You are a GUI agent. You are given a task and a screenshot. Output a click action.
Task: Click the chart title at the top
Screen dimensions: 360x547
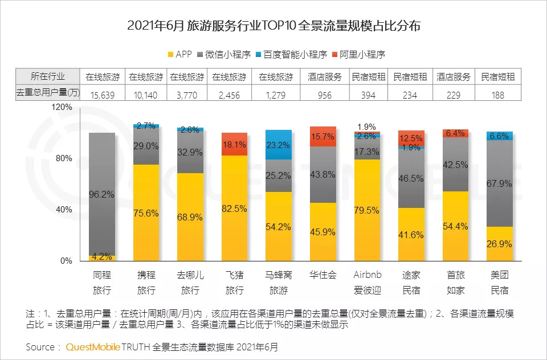click(273, 26)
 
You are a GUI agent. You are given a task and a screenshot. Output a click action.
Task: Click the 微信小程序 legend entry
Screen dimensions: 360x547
click(225, 55)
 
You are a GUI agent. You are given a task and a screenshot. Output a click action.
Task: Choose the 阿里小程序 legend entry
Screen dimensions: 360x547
click(357, 55)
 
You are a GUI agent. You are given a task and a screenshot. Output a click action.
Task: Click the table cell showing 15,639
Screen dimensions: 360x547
click(103, 95)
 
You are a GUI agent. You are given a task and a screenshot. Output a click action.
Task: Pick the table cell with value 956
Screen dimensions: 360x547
click(324, 95)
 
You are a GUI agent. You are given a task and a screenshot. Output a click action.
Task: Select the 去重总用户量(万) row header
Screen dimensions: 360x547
click(48, 94)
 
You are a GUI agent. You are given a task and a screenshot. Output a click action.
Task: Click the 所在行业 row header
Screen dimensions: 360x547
click(48, 77)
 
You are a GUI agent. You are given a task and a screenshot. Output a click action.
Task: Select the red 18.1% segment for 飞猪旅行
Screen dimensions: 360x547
click(234, 144)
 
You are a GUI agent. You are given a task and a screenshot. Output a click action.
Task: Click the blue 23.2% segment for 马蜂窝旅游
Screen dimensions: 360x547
click(278, 145)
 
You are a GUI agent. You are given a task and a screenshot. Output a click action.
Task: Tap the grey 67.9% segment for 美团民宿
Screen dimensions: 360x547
click(500, 183)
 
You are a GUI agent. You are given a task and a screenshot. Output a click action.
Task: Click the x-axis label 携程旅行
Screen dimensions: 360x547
click(146, 282)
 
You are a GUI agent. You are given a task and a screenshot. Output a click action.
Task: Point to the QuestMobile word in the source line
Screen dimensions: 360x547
click(92, 346)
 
